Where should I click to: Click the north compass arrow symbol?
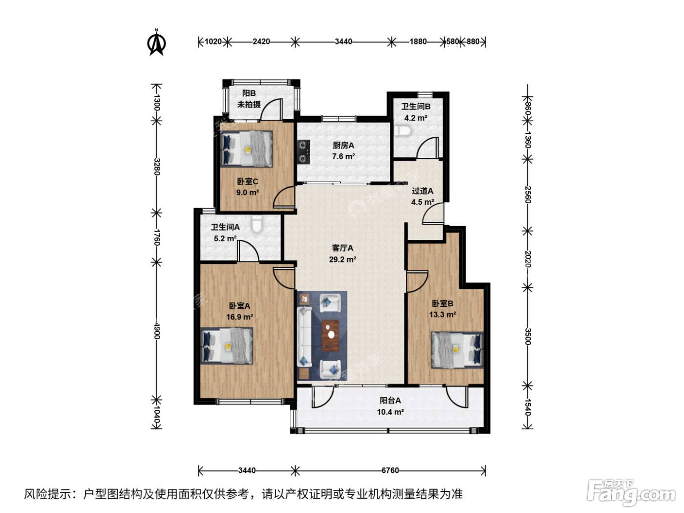click(156, 43)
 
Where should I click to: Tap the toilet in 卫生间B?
click(403, 131)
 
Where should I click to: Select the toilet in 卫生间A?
click(257, 224)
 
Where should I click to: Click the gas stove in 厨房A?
click(304, 151)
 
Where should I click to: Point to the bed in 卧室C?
click(247, 149)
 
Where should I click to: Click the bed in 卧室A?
click(227, 346)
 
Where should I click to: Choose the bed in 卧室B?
click(457, 350)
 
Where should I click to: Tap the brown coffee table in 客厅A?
click(330, 336)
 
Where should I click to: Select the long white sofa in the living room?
click(304, 337)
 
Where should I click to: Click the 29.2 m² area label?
click(342, 259)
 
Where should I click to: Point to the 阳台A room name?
click(390, 401)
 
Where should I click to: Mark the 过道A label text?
click(423, 191)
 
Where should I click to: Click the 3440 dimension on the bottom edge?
click(247, 470)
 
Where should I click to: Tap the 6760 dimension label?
click(390, 470)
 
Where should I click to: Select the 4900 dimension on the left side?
click(157, 331)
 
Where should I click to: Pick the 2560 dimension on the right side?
click(528, 194)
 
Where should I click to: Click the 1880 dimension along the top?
click(418, 42)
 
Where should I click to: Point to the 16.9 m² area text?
click(239, 317)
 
